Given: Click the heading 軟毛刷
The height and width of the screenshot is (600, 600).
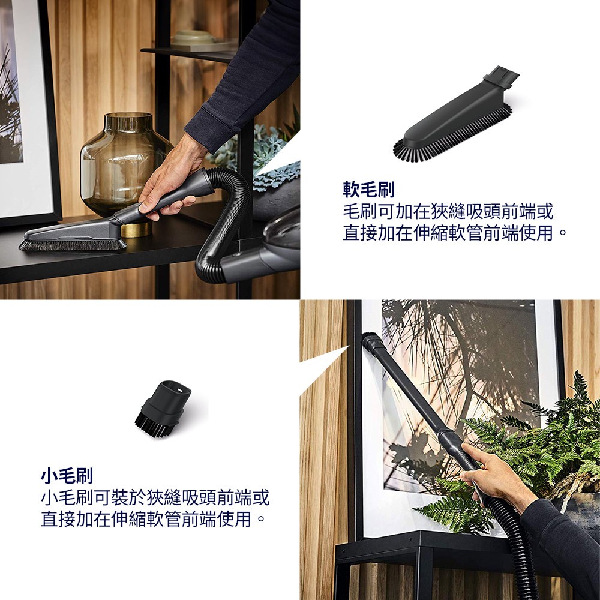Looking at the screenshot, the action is (x=368, y=190).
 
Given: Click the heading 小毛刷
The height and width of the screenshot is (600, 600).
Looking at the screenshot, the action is (x=67, y=476).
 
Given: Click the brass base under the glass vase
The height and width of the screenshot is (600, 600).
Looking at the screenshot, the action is (x=136, y=229).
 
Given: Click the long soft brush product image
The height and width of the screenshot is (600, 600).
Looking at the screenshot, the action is (x=455, y=115).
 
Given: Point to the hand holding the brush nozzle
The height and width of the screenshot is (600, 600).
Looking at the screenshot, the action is (x=169, y=180).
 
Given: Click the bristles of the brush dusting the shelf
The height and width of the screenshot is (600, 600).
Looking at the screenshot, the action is (x=73, y=245).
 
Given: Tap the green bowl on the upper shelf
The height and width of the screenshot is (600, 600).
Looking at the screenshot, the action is (x=194, y=37).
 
